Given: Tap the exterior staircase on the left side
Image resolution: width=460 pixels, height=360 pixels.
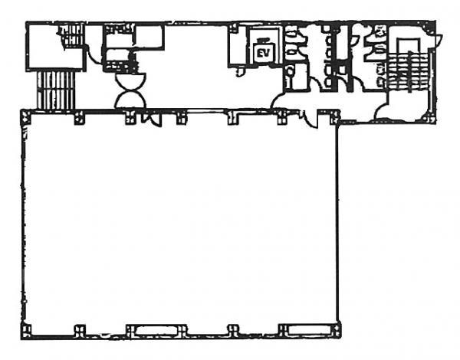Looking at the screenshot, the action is tap(56, 90).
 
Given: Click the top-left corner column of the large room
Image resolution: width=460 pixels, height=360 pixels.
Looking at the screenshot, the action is tap(25, 116).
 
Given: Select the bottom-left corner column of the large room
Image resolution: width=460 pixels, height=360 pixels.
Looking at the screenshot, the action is tap(26, 331).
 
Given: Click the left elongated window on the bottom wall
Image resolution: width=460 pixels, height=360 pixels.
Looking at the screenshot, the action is tap(156, 330).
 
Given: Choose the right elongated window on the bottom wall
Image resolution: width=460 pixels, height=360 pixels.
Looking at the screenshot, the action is tap(309, 330).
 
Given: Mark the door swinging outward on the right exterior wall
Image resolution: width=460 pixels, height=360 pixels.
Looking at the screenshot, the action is tap(436, 41).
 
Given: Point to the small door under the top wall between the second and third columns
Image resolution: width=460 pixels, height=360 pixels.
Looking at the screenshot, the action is tap(152, 119).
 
